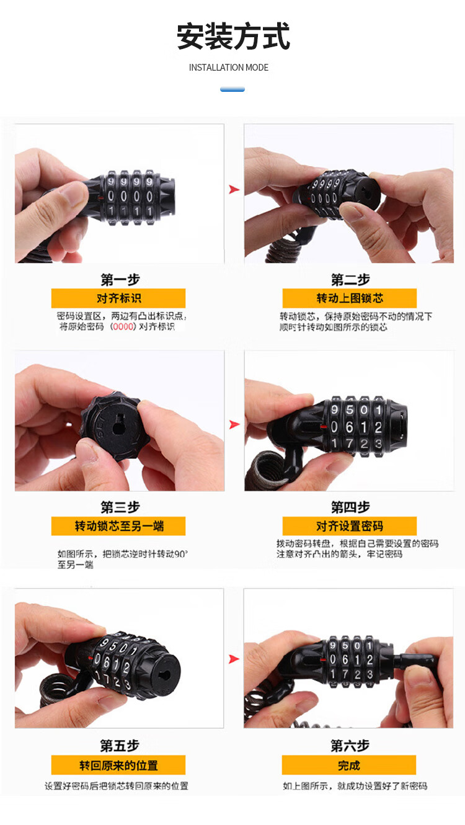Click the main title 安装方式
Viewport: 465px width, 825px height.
[233, 36]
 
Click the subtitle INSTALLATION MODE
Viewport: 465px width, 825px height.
[229, 68]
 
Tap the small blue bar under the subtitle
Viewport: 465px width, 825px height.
[232, 89]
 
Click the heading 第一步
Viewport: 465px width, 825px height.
[120, 280]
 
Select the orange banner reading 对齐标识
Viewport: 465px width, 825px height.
[118, 298]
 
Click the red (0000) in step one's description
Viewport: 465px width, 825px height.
[123, 327]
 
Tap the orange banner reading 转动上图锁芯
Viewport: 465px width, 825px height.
[350, 298]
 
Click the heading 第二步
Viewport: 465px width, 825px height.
[350, 280]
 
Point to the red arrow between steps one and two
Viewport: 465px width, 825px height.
[234, 189]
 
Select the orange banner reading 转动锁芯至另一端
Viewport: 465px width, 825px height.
[118, 526]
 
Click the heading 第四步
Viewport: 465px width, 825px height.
[350, 507]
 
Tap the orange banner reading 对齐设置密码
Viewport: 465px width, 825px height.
[350, 526]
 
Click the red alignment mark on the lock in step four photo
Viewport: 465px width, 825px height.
[324, 427]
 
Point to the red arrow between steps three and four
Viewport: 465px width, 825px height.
[234, 424]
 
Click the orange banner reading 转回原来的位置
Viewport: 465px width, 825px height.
[118, 765]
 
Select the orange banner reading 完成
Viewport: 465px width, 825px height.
[348, 765]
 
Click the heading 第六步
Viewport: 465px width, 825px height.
[350, 746]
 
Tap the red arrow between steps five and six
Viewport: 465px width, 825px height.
[234, 659]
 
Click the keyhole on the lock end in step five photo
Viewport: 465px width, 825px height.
[164, 675]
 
